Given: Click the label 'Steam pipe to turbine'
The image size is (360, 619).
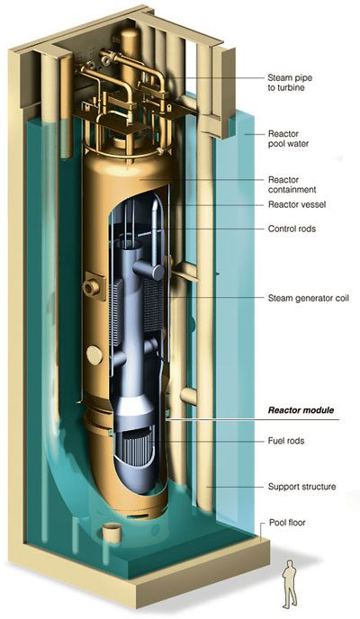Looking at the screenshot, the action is pyautogui.click(x=290, y=83).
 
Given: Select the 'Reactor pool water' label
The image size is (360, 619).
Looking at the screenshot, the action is pyautogui.click(x=288, y=139).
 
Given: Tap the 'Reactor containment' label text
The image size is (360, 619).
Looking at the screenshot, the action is pyautogui.click(x=292, y=184).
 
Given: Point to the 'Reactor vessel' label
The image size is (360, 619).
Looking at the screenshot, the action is pyautogui.click(x=297, y=204).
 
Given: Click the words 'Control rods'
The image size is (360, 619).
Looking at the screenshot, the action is pyautogui.click(x=292, y=229).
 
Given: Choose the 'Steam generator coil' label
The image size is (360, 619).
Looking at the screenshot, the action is pyautogui.click(x=309, y=298).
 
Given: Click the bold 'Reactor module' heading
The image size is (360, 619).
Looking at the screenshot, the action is pyautogui.click(x=301, y=410).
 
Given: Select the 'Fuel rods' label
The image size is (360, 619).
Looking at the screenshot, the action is pyautogui.click(x=286, y=441).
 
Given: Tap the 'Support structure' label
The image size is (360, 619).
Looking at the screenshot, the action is pyautogui.click(x=302, y=487).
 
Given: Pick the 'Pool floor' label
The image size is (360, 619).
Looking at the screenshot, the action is pyautogui.click(x=287, y=523).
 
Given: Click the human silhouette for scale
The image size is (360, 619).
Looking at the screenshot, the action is pyautogui.click(x=289, y=584).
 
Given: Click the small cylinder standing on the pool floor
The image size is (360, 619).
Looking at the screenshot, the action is pyautogui.click(x=112, y=533).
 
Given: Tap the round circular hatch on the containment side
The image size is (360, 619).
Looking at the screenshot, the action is pyautogui.click(x=94, y=354).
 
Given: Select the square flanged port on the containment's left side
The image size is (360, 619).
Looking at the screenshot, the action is pyautogui.click(x=94, y=286).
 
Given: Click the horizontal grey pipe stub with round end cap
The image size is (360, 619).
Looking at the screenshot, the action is pyautogui.click(x=148, y=270).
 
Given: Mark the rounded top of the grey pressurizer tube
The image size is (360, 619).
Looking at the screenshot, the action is pyautogui.click(x=157, y=205).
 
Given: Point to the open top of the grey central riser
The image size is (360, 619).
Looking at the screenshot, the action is pyautogui.click(x=130, y=245).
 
